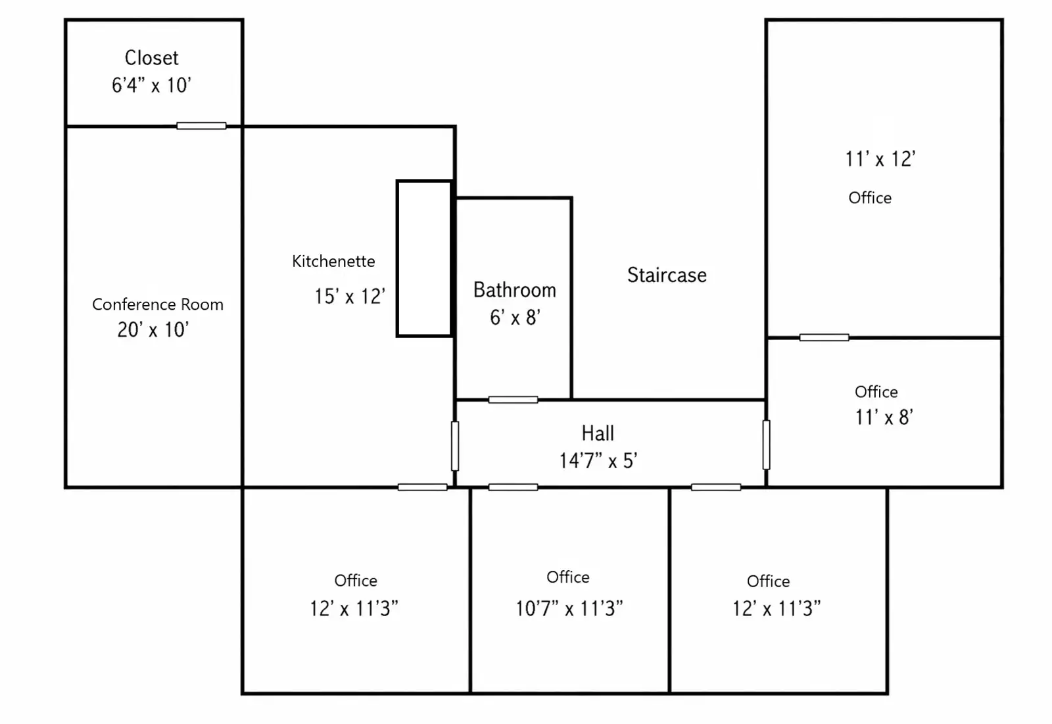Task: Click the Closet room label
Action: [151, 59]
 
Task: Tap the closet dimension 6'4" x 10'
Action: [151, 85]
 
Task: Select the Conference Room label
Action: [158, 304]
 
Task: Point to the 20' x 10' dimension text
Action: [153, 330]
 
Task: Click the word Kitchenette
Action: [333, 261]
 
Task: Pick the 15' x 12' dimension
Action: [350, 297]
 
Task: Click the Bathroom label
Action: [515, 290]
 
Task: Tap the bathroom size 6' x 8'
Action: [515, 318]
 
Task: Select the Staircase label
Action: [667, 275]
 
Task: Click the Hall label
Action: [598, 433]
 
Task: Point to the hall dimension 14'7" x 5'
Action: [598, 461]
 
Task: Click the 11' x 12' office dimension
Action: [880, 159]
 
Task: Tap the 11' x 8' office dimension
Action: [884, 417]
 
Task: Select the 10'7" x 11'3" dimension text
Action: [569, 608]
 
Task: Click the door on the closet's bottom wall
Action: [201, 126]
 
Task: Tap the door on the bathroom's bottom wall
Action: [513, 399]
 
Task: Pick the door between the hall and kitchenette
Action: [454, 446]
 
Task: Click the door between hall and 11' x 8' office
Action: [766, 445]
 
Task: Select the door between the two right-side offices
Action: [824, 337]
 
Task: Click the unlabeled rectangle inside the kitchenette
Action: [425, 258]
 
